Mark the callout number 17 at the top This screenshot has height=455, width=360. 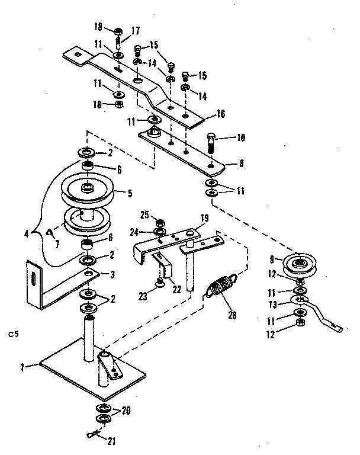[135, 30]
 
